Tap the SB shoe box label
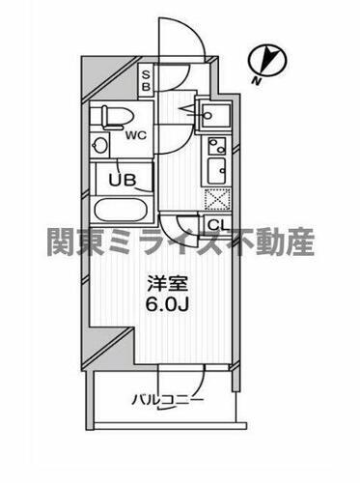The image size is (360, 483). tap(146, 80)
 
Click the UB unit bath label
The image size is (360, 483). tap(123, 180)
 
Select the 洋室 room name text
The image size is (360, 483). tap(163, 286)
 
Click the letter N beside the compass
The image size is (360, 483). tap(257, 80)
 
